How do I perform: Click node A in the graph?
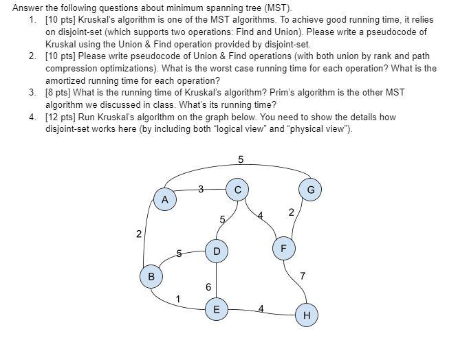[164, 199]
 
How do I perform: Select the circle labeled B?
[151, 276]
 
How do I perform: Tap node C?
[238, 189]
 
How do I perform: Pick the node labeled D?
[217, 252]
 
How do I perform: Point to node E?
[216, 309]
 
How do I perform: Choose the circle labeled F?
[283, 247]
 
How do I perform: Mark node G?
[310, 189]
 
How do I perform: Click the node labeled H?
[307, 315]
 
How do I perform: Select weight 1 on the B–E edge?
[178, 299]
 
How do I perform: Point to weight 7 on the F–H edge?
[303, 275]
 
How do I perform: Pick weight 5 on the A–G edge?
[241, 159]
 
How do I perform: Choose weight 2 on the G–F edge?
[291, 212]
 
